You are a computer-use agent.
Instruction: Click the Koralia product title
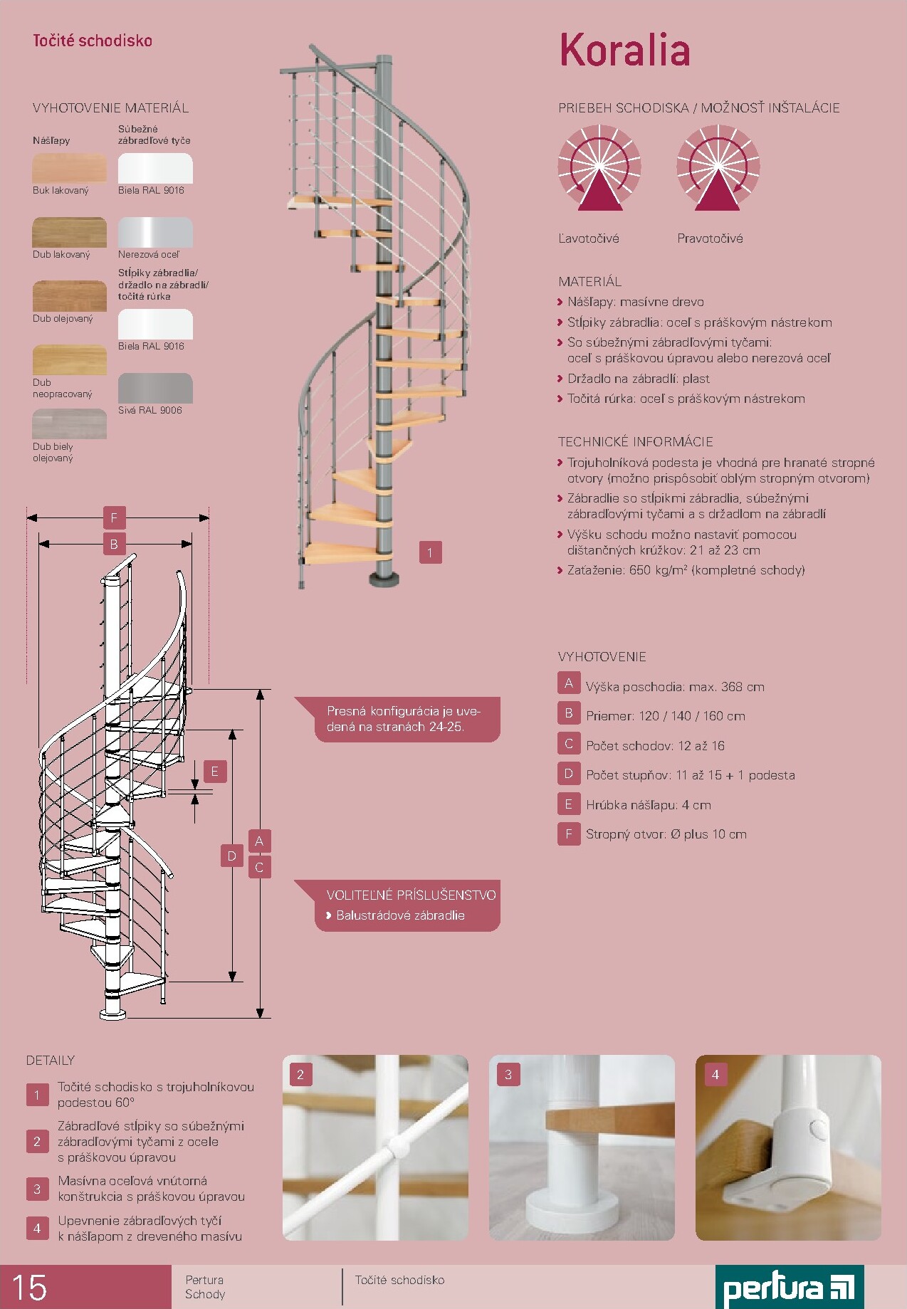tap(624, 50)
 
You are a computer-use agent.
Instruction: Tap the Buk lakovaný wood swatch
tap(69, 169)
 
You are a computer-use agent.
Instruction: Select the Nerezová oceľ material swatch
tap(155, 233)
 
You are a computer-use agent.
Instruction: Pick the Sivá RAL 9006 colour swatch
tap(155, 389)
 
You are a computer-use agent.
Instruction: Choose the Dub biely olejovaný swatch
tap(69, 424)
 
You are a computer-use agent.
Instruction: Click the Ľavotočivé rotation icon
tap(599, 168)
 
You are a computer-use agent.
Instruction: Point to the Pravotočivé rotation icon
tap(718, 168)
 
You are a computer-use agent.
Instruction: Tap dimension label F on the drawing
tap(114, 517)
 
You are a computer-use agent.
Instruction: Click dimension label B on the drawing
tap(114, 545)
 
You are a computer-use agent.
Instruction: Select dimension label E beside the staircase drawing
tap(215, 772)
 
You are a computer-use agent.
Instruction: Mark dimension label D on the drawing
tap(231, 856)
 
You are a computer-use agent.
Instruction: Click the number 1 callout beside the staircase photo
tap(430, 552)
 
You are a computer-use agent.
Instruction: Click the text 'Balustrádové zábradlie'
tap(400, 915)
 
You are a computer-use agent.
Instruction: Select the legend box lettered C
tap(569, 744)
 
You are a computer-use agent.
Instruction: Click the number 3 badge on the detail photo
tap(508, 1075)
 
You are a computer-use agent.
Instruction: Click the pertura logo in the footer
tap(790, 1287)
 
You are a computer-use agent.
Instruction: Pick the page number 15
tap(29, 1288)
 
